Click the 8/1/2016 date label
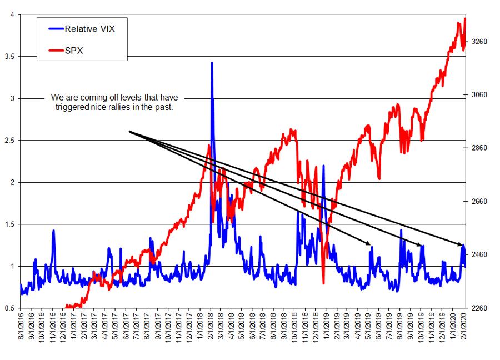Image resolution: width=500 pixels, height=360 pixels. [x=21, y=328]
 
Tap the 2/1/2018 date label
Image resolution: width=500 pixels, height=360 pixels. [x=211, y=328]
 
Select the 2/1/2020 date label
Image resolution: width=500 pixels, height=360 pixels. [x=464, y=328]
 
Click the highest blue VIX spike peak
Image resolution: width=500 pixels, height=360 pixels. [x=212, y=63]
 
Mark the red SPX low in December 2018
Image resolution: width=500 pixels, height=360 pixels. [x=323, y=283]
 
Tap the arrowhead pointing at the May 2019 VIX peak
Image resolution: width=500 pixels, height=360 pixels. [x=368, y=243]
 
